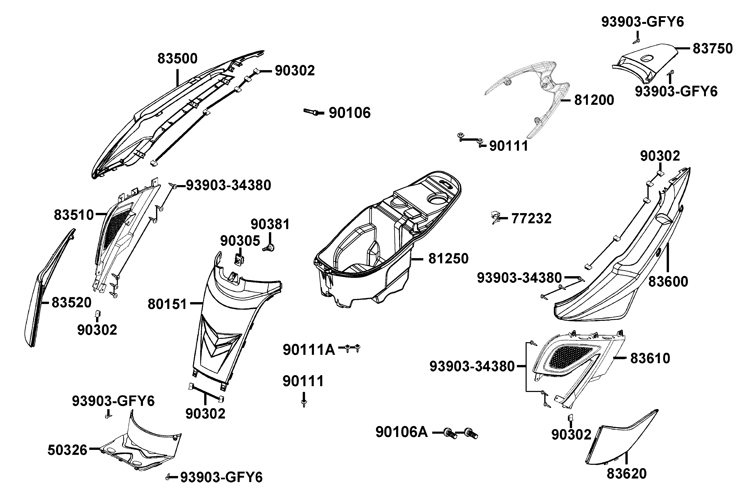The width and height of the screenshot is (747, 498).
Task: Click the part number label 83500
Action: [177, 59]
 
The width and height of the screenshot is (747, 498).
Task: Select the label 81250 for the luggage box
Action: [448, 259]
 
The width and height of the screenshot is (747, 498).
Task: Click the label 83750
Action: [712, 49]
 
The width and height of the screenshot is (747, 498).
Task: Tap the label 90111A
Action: [309, 350]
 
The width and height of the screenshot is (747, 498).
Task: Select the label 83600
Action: [668, 281]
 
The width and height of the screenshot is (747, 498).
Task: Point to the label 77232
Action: [531, 218]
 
